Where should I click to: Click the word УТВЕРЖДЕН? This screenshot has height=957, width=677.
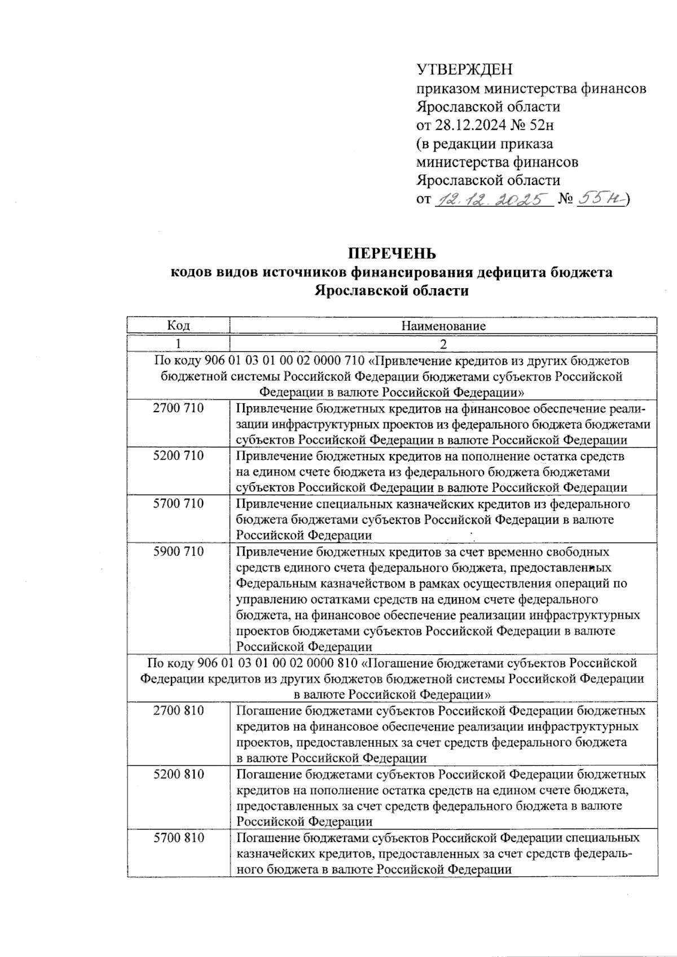click(465, 70)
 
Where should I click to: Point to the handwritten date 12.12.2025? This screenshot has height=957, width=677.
click(492, 199)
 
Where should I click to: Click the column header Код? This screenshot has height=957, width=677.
click(178, 326)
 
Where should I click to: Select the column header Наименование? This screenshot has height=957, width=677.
click(443, 326)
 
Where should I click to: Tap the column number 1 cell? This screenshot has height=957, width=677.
click(178, 343)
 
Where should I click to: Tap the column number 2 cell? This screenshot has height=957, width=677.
click(443, 344)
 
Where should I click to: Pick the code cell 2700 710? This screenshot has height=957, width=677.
click(178, 408)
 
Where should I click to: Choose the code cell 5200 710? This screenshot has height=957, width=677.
click(178, 456)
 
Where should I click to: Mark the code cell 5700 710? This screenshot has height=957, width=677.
click(178, 504)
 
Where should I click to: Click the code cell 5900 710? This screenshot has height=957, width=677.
click(178, 552)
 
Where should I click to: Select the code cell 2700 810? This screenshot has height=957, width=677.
click(178, 711)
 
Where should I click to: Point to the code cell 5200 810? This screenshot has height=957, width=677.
click(178, 774)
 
